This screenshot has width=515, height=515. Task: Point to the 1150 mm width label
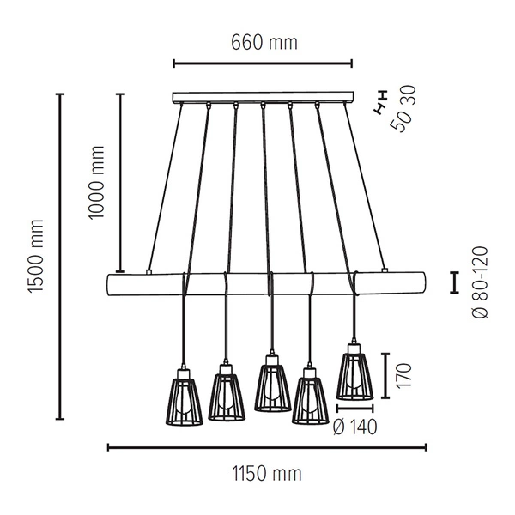pyautogui.click(x=267, y=473)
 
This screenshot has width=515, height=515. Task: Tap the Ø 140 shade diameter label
pyautogui.click(x=354, y=427)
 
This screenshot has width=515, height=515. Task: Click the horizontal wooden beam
pyautogui.click(x=267, y=283)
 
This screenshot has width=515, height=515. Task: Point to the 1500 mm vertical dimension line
pyautogui.click(x=59, y=257)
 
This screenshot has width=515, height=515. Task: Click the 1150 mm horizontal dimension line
pyautogui.click(x=267, y=446)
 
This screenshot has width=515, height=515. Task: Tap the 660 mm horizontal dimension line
pyautogui.click(x=263, y=62)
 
